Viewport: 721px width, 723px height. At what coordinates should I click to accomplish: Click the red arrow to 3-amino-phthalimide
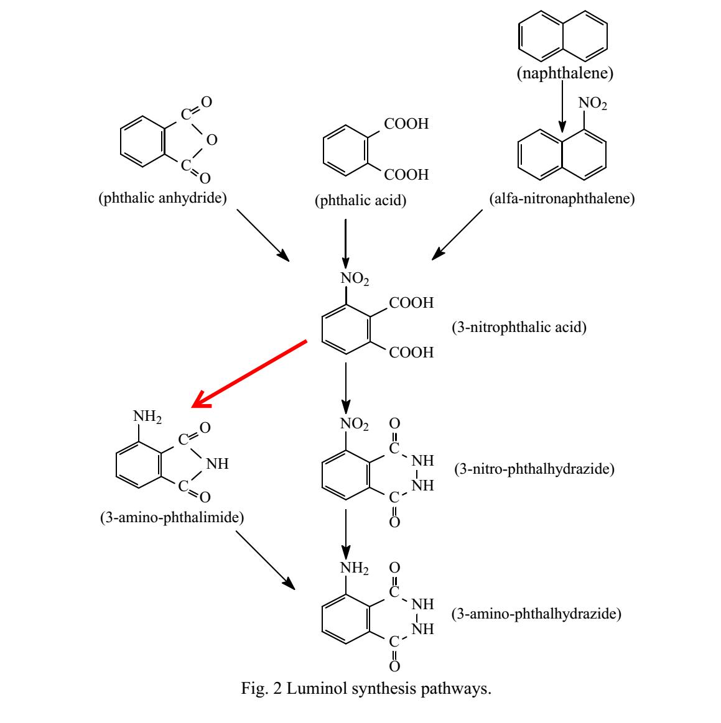[249, 374]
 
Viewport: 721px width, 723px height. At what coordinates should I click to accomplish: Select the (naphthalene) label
[565, 74]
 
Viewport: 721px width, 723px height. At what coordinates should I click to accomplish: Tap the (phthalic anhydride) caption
[162, 198]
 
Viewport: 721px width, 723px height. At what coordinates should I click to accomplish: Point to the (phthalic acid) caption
[361, 200]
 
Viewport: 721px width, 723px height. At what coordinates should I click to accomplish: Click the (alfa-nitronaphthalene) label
[562, 199]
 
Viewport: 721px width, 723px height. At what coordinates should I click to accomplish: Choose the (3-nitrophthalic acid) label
[519, 327]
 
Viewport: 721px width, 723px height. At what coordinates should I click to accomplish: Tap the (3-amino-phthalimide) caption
[172, 517]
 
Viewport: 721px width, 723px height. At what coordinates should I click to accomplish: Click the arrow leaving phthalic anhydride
[263, 235]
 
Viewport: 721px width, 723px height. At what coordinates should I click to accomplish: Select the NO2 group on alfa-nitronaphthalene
[592, 103]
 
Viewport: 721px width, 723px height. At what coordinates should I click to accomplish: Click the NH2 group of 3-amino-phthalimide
[147, 417]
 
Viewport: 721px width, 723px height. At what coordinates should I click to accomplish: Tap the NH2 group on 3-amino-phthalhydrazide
[354, 568]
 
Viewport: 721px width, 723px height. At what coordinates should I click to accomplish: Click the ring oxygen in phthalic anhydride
[212, 140]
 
